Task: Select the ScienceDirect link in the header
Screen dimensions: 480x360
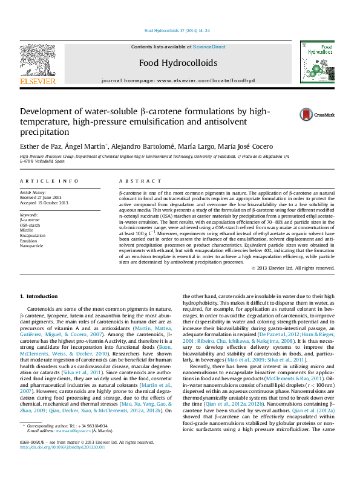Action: pyautogui.click(x=209, y=47)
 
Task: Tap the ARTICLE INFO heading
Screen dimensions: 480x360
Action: pyautogui.click(x=49, y=181)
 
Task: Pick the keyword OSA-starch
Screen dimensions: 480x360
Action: pyautogui.click(x=30, y=225)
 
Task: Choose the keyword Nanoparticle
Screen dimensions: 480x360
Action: pyautogui.click(x=32, y=246)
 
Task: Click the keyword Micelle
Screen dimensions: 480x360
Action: pyautogui.click(x=27, y=230)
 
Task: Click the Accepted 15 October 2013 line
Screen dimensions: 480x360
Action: pyautogui.click(x=44, y=203)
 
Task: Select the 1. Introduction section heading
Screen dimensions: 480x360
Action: pyautogui.click(x=39, y=296)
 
